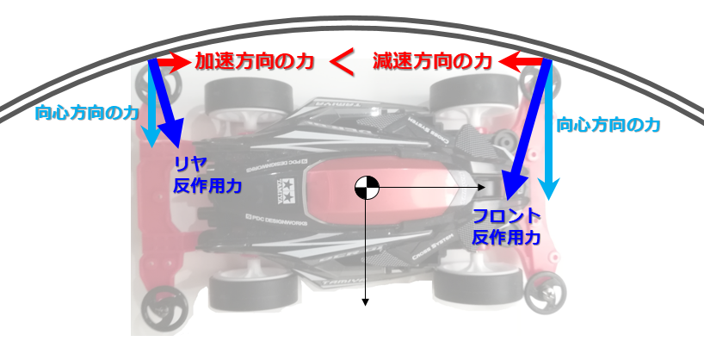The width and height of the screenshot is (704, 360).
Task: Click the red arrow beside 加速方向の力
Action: click(x=170, y=62)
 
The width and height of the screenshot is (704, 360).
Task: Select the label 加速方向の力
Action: click(x=252, y=62)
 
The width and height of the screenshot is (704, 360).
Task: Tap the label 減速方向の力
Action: click(x=432, y=62)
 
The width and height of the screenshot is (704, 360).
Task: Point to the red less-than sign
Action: click(x=343, y=62)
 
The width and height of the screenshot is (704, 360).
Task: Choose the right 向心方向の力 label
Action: click(x=608, y=125)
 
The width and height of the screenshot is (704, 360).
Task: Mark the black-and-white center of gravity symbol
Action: click(x=366, y=187)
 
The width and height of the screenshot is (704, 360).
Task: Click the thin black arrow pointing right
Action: click(x=430, y=187)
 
